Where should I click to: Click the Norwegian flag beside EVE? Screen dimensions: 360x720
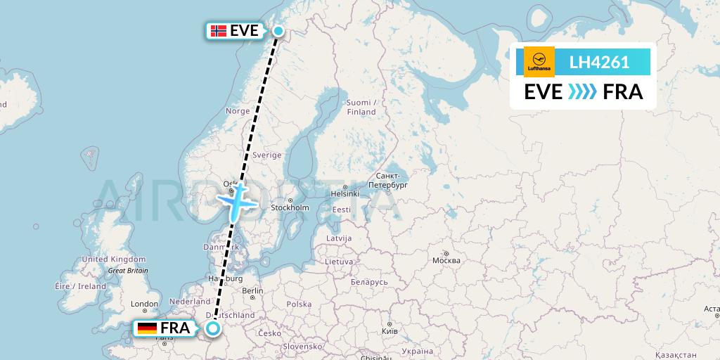[x=219, y=31]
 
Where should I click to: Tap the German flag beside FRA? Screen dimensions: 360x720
[x=147, y=328]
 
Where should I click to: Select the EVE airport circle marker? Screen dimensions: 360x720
[x=278, y=30]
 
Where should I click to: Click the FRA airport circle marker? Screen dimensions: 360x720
[x=212, y=328]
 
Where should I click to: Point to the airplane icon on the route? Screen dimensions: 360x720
[x=238, y=200]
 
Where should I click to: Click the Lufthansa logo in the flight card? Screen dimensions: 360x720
[x=539, y=61]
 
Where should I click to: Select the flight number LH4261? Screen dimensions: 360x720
[x=599, y=62]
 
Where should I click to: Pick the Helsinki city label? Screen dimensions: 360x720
[x=345, y=193]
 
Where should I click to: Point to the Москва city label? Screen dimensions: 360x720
[x=446, y=261]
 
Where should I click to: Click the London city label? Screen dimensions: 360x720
[x=144, y=304]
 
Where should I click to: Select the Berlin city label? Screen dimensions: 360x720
[x=252, y=290]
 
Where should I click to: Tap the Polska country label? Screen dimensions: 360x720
[x=299, y=304]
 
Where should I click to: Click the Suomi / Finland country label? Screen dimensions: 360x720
[x=361, y=107]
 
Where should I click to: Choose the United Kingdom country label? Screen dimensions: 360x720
[x=114, y=259]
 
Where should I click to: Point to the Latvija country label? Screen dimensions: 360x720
[x=339, y=238]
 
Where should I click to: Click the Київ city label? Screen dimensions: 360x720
[x=388, y=330]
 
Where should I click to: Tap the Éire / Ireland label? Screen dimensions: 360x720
[x=80, y=286]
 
